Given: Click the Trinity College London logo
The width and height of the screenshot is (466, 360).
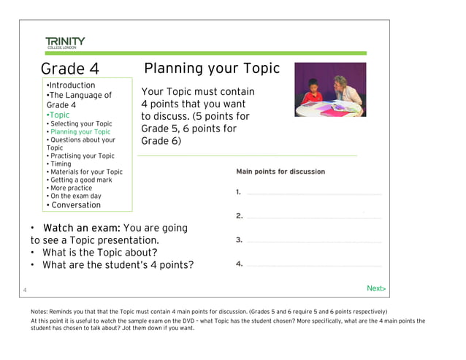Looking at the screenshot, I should click(64, 42).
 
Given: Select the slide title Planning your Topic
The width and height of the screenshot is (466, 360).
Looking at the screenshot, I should click(212, 69).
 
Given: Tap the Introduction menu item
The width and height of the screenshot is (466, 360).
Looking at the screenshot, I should click(71, 85).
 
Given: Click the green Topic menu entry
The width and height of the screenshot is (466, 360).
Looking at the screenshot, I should click(58, 115).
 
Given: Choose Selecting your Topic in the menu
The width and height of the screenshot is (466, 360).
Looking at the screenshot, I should click(80, 124).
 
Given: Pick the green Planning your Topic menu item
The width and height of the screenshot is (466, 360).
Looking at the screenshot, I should click(79, 132).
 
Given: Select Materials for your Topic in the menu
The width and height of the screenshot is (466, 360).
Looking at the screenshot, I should click(85, 172).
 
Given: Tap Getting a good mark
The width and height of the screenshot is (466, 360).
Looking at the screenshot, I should click(80, 180).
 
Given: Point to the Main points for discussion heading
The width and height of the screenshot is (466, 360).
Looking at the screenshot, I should click(280, 172).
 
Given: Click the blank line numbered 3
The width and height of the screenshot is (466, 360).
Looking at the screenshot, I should click(314, 241).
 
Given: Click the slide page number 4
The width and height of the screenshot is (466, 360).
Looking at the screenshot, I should click(25, 291).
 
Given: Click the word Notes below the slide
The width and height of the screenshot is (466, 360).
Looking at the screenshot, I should click(40, 312).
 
